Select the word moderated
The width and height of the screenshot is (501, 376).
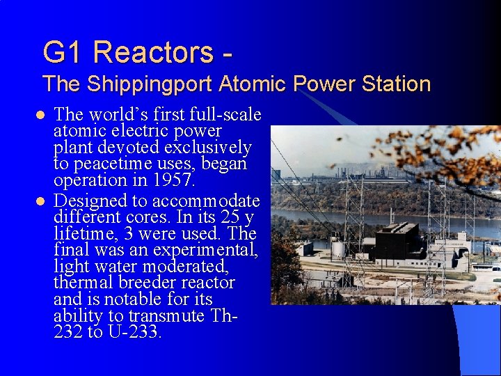coord(193,267)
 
